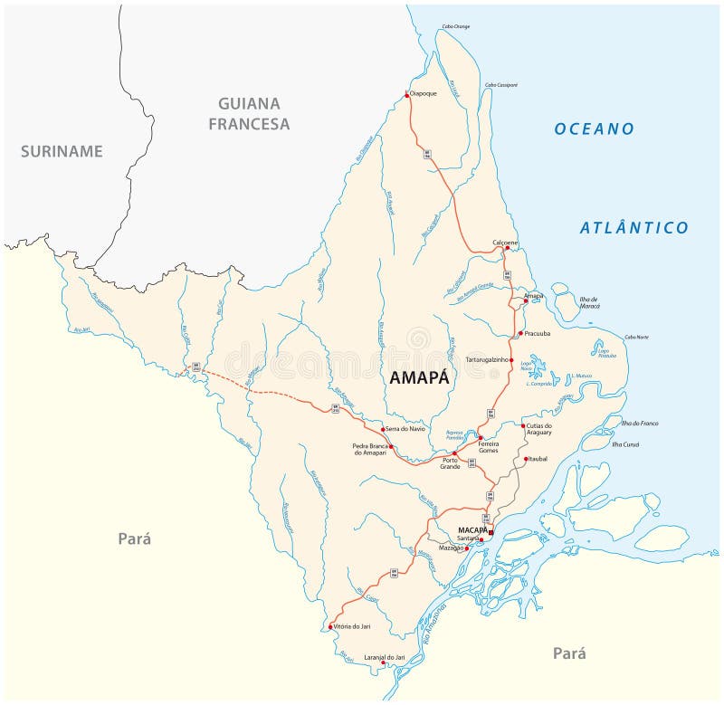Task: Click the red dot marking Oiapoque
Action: pyautogui.click(x=408, y=95)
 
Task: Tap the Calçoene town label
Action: pyautogui.click(x=505, y=242)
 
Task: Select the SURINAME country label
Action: pyautogui.click(x=62, y=151)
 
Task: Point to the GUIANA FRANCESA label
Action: pyautogui.click(x=249, y=114)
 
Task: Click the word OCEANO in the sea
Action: pyautogui.click(x=595, y=129)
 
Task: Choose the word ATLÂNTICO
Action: pyautogui.click(x=634, y=228)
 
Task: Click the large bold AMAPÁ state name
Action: pyautogui.click(x=418, y=379)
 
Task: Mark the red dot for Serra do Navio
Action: pyautogui.click(x=383, y=429)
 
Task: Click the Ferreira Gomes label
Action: pyautogui.click(x=489, y=447)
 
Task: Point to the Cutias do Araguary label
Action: pyautogui.click(x=539, y=429)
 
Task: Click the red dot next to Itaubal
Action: pyautogui.click(x=524, y=459)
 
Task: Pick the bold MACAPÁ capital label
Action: pyautogui.click(x=472, y=529)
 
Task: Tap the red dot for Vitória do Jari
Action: pyautogui.click(x=330, y=626)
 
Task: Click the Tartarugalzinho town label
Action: pyautogui.click(x=488, y=360)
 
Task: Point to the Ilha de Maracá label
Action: pyautogui.click(x=589, y=302)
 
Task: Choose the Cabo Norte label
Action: pyautogui.click(x=636, y=337)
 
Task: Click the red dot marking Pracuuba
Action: pyautogui.click(x=519, y=333)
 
